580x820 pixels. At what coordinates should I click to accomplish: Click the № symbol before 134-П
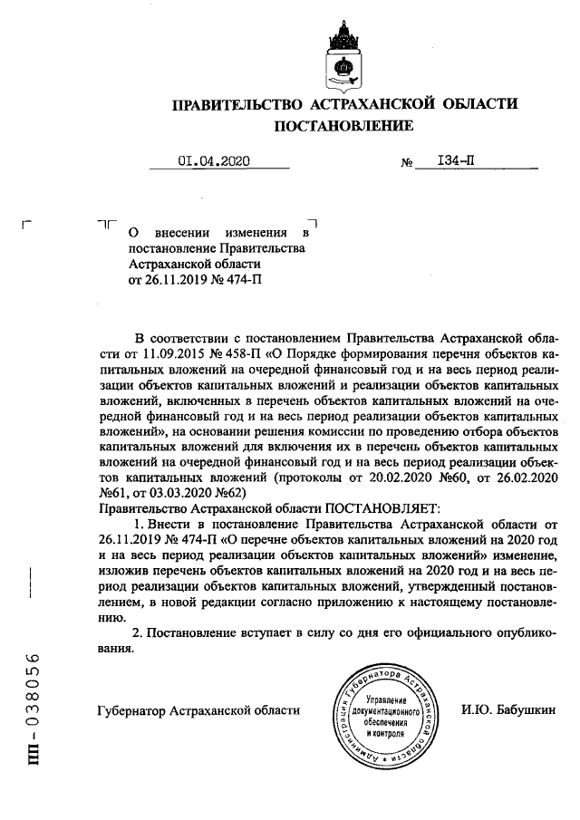(407, 164)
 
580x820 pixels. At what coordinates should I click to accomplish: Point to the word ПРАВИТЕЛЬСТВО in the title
(236, 104)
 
